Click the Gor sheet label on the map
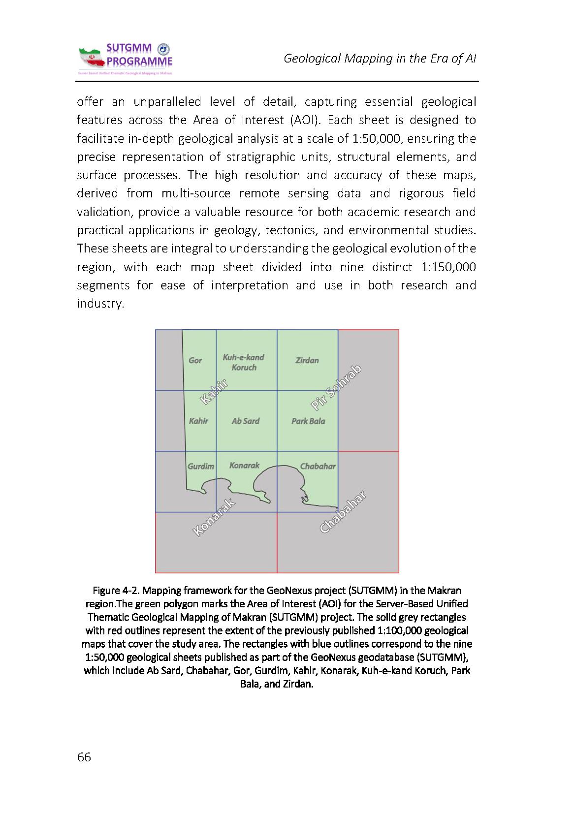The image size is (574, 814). click(195, 360)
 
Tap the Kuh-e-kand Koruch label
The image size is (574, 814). click(244, 362)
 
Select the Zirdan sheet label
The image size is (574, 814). click(307, 360)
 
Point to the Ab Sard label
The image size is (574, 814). click(245, 421)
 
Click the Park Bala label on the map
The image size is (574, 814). click(308, 421)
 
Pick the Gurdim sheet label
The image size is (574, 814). click(200, 466)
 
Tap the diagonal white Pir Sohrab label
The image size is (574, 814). click(337, 387)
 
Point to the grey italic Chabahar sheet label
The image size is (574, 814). click(318, 466)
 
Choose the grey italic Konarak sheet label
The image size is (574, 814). click(244, 465)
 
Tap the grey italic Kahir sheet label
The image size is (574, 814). click(198, 421)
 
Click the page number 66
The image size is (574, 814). click(84, 757)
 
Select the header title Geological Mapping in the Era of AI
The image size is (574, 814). click(380, 59)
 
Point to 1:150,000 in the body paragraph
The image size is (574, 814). click(449, 267)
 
